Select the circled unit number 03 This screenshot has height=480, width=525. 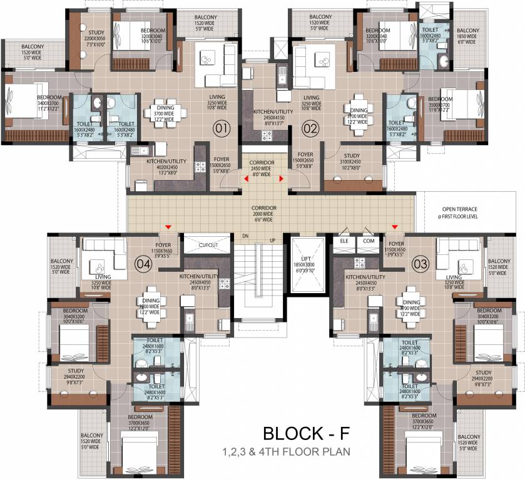tap(419, 264)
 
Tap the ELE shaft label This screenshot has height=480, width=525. tap(344, 241)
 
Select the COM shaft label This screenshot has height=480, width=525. tap(369, 241)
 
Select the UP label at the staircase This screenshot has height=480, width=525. tap(272, 240)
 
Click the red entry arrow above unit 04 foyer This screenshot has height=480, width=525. tap(168, 227)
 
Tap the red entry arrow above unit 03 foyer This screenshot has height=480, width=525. tap(394, 227)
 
